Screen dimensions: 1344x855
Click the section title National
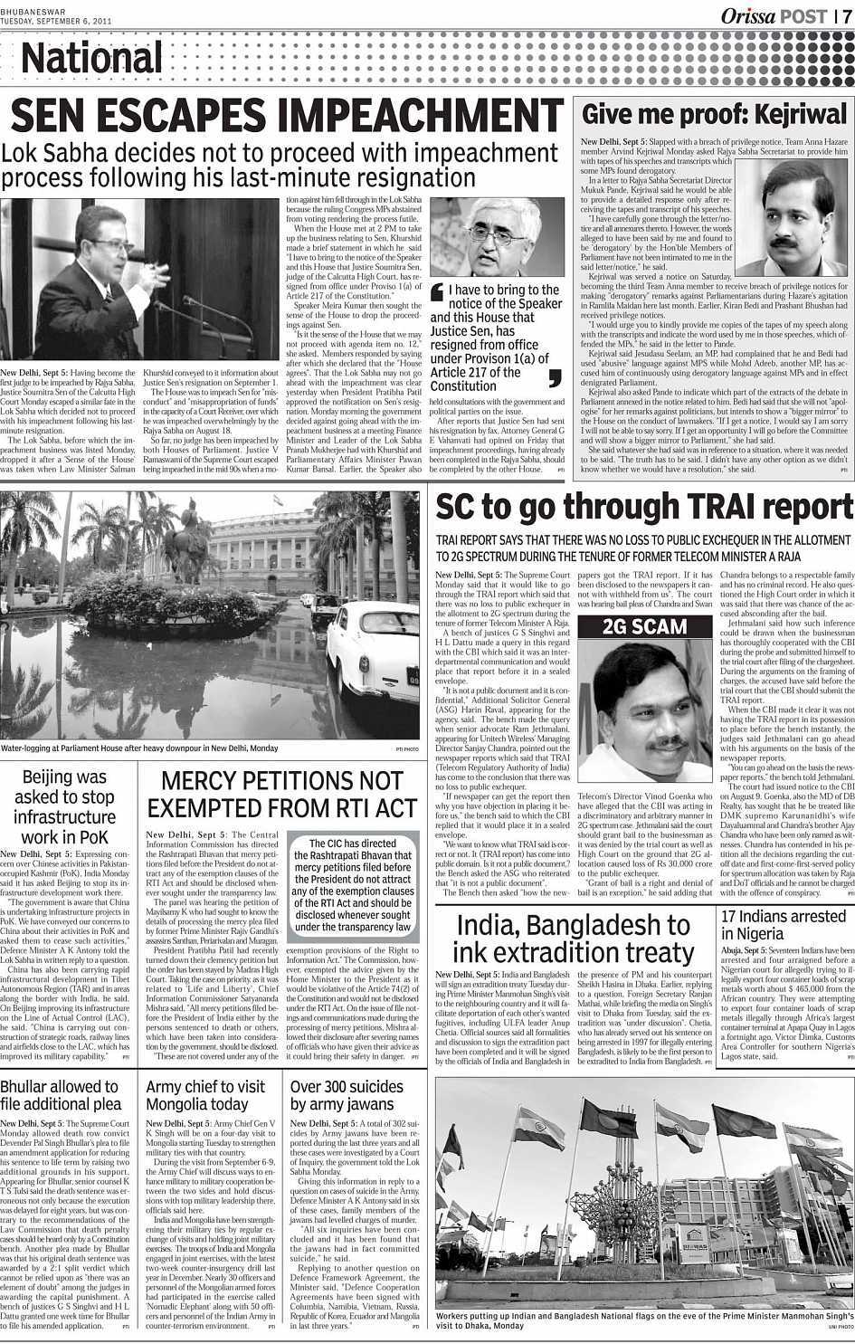[91, 58]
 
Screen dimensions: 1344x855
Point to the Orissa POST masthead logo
[773, 15]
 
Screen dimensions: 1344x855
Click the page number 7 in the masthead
[844, 15]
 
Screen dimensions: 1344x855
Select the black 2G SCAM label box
[645, 626]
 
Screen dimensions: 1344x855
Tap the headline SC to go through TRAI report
[644, 509]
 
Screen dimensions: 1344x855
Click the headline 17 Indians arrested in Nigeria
[783, 924]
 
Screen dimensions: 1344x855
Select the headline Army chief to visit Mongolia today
[205, 1095]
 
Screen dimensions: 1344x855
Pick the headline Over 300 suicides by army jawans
[342, 1095]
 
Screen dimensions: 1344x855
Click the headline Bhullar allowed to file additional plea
[60, 1095]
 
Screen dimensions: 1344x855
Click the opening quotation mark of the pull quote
[438, 291]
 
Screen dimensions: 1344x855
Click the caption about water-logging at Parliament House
[140, 748]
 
